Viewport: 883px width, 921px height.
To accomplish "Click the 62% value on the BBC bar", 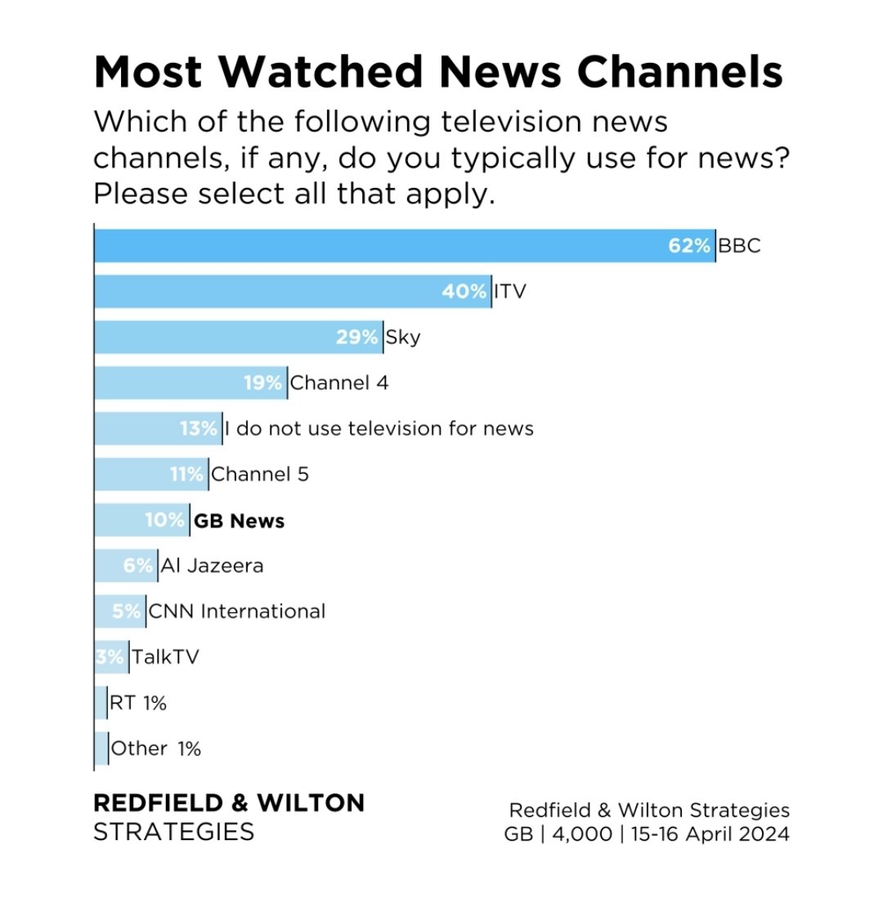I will coord(688,246).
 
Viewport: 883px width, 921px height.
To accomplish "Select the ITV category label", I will coord(510,292).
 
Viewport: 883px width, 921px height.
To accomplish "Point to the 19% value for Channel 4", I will coord(262,383).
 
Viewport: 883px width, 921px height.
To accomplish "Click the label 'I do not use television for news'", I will coord(379,429).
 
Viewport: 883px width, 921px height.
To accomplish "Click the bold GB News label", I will coord(239,521).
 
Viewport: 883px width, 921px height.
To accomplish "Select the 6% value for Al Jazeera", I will coord(138,566).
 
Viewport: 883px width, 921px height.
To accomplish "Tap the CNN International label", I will coord(237,612).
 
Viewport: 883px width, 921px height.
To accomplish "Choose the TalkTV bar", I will coord(111,658).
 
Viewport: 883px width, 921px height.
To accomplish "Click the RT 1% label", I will coord(137,704).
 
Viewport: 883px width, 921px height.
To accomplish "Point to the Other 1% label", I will coord(155,749).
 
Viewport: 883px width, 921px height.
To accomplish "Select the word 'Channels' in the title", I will coord(680,72).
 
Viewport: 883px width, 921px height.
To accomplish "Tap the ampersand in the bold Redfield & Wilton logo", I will coord(239,803).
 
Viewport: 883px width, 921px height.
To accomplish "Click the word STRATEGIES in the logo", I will coord(173,833).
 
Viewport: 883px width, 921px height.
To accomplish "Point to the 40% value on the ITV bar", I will coord(464,292).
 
